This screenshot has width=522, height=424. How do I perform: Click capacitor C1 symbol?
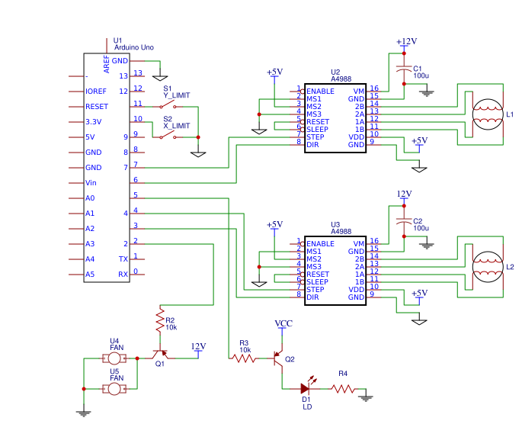[404, 69]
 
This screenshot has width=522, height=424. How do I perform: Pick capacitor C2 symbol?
[404, 221]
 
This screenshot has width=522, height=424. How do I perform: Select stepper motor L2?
[487, 267]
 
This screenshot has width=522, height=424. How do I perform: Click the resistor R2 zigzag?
[160, 320]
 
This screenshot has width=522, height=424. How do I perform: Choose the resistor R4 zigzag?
[343, 389]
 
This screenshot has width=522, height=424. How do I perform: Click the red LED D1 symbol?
[306, 389]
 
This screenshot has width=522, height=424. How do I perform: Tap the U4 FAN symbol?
[115, 358]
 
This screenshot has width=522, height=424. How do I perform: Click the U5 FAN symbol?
[115, 389]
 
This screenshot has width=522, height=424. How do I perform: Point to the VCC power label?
[283, 324]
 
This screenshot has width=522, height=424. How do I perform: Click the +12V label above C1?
[406, 41]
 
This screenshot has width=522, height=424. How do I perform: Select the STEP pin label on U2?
[315, 137]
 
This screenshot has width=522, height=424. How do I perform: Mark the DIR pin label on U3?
[312, 297]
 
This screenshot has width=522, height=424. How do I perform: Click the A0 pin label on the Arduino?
[90, 198]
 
